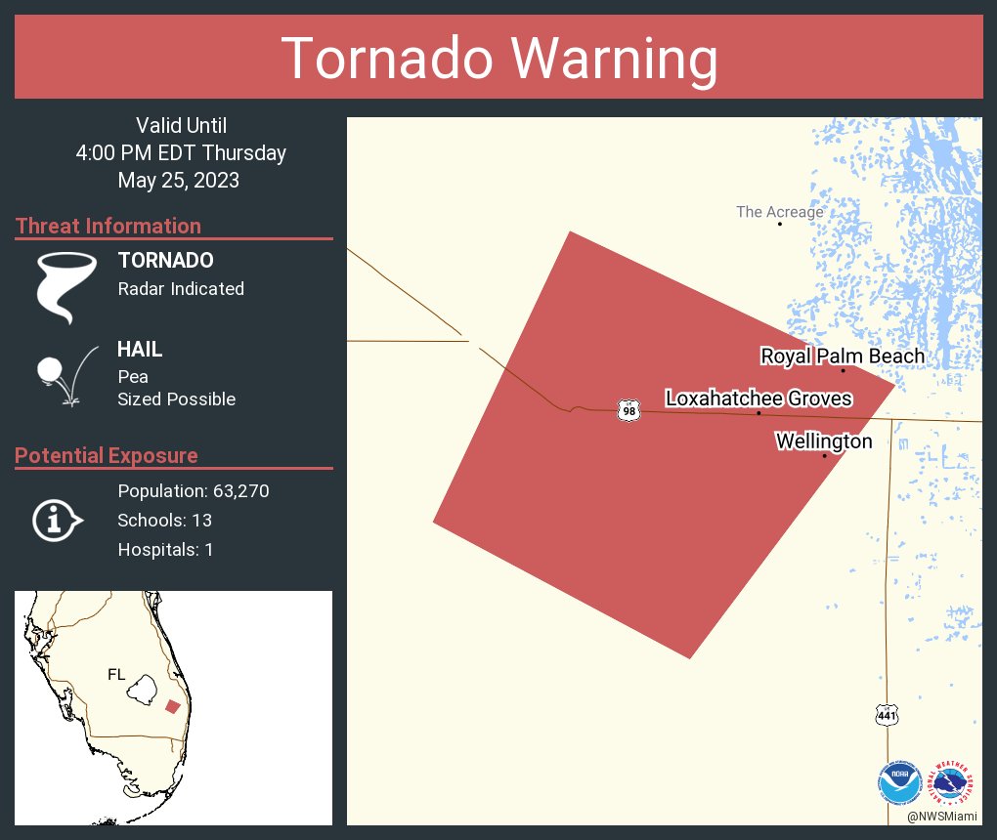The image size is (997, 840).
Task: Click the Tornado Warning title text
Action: [x=498, y=59]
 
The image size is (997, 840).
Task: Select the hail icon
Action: [x=65, y=377]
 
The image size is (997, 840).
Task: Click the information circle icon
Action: [x=57, y=520]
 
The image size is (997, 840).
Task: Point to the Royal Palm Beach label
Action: [x=843, y=357]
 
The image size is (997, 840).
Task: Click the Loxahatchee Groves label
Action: [x=759, y=399]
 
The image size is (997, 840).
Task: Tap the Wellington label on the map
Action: [x=824, y=441]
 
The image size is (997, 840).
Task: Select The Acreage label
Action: [x=779, y=212]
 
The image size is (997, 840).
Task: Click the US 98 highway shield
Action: [x=629, y=411]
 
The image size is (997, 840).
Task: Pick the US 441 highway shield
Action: [x=887, y=716]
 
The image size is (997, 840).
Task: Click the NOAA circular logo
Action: [x=900, y=783]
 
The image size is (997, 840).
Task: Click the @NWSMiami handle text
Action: [x=942, y=816]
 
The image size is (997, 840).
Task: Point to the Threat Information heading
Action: [x=108, y=226]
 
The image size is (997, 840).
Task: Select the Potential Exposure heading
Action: [x=107, y=455]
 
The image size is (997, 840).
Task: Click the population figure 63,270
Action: [x=240, y=490]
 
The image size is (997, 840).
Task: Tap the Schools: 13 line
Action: [x=164, y=520]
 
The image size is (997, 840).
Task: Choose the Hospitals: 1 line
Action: [x=165, y=549]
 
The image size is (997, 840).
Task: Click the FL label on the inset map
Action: [x=116, y=674]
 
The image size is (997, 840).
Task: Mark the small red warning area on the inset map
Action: [x=173, y=706]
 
